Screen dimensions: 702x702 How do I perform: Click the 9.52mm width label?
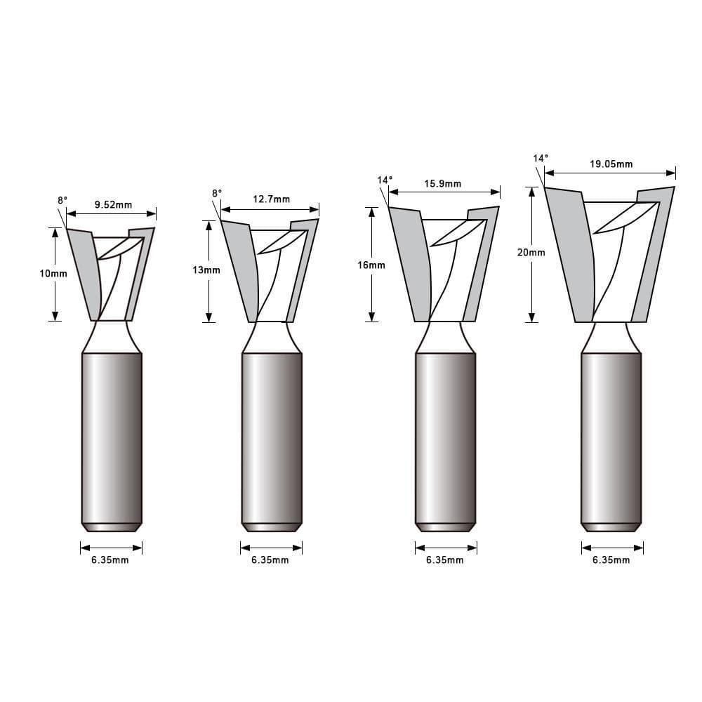click(x=113, y=206)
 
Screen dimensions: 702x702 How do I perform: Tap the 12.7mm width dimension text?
click(x=271, y=199)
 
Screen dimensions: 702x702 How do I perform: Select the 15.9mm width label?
click(x=443, y=184)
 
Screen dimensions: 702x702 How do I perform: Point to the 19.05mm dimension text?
click(x=611, y=164)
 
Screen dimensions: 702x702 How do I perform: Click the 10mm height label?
click(x=53, y=274)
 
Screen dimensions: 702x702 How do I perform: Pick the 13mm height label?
click(x=206, y=270)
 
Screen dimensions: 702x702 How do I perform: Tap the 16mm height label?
click(x=371, y=265)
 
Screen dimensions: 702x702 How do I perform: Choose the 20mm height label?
click(x=531, y=252)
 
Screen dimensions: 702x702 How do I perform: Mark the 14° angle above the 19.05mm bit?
click(x=540, y=159)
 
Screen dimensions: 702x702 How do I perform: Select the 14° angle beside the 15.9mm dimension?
click(x=385, y=180)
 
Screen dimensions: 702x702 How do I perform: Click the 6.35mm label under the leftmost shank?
click(x=111, y=560)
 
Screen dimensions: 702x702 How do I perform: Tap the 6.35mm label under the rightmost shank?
click(x=611, y=560)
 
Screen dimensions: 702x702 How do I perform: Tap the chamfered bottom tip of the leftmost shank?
click(x=112, y=526)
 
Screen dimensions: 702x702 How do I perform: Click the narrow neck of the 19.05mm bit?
click(x=610, y=337)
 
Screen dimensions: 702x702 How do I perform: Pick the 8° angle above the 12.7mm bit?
click(x=216, y=193)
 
